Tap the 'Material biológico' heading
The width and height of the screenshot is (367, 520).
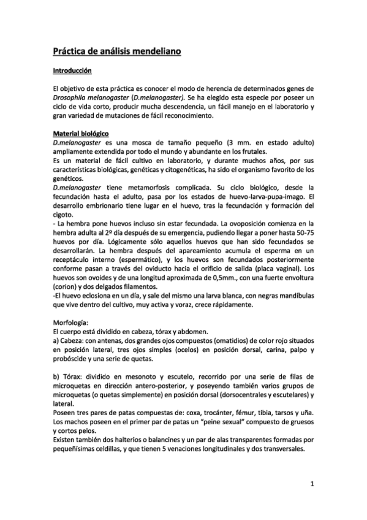pyautogui.click(x=80, y=134)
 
